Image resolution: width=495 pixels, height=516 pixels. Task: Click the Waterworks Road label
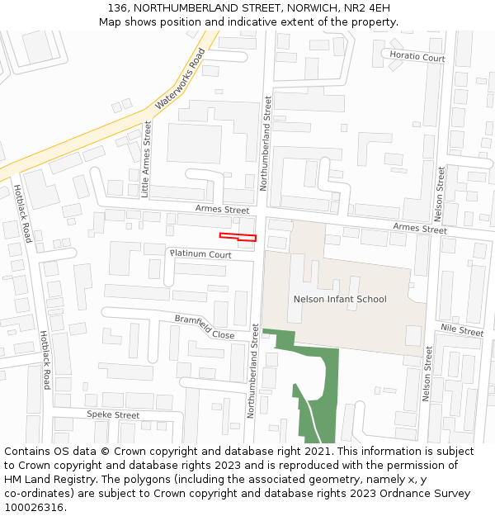179,80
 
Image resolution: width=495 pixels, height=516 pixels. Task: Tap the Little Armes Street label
147,159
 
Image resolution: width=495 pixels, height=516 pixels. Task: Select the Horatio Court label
417,58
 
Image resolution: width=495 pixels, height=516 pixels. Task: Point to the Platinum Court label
200,254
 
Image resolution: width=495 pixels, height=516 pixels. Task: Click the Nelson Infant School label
340,299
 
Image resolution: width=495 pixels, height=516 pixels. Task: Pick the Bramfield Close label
204,327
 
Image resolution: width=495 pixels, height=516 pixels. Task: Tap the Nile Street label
461,330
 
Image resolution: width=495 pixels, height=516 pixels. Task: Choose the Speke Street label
113,414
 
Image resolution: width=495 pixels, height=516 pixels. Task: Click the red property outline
238,238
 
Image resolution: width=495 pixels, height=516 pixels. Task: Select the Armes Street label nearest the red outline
222,211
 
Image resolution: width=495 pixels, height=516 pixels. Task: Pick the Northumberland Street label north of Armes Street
265,143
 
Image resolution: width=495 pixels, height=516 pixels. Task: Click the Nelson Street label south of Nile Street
427,373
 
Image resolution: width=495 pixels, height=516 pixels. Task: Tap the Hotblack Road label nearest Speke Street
46,361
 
